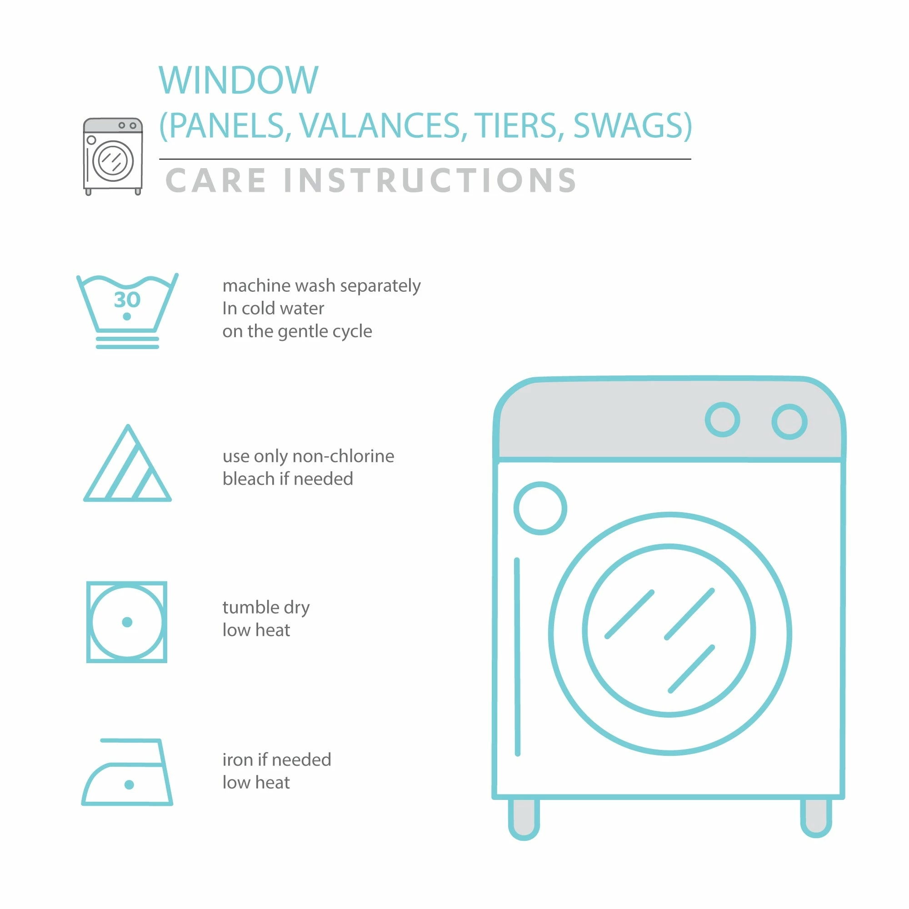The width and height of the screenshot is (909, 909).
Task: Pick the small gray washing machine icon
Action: pos(113,156)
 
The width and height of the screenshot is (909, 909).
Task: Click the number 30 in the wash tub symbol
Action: pos(127,300)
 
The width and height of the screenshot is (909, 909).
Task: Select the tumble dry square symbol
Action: pos(127,622)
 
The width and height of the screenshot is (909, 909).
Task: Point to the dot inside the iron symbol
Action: pos(130,784)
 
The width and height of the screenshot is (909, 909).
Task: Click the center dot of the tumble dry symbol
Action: pos(127,622)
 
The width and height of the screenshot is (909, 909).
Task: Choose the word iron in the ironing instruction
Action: pos(238,760)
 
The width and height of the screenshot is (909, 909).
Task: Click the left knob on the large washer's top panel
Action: pos(722,419)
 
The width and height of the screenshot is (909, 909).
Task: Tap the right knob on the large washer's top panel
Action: pos(789,422)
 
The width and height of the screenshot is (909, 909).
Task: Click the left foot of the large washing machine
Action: pos(524,819)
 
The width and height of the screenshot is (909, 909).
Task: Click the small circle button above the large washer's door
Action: pos(540,508)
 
